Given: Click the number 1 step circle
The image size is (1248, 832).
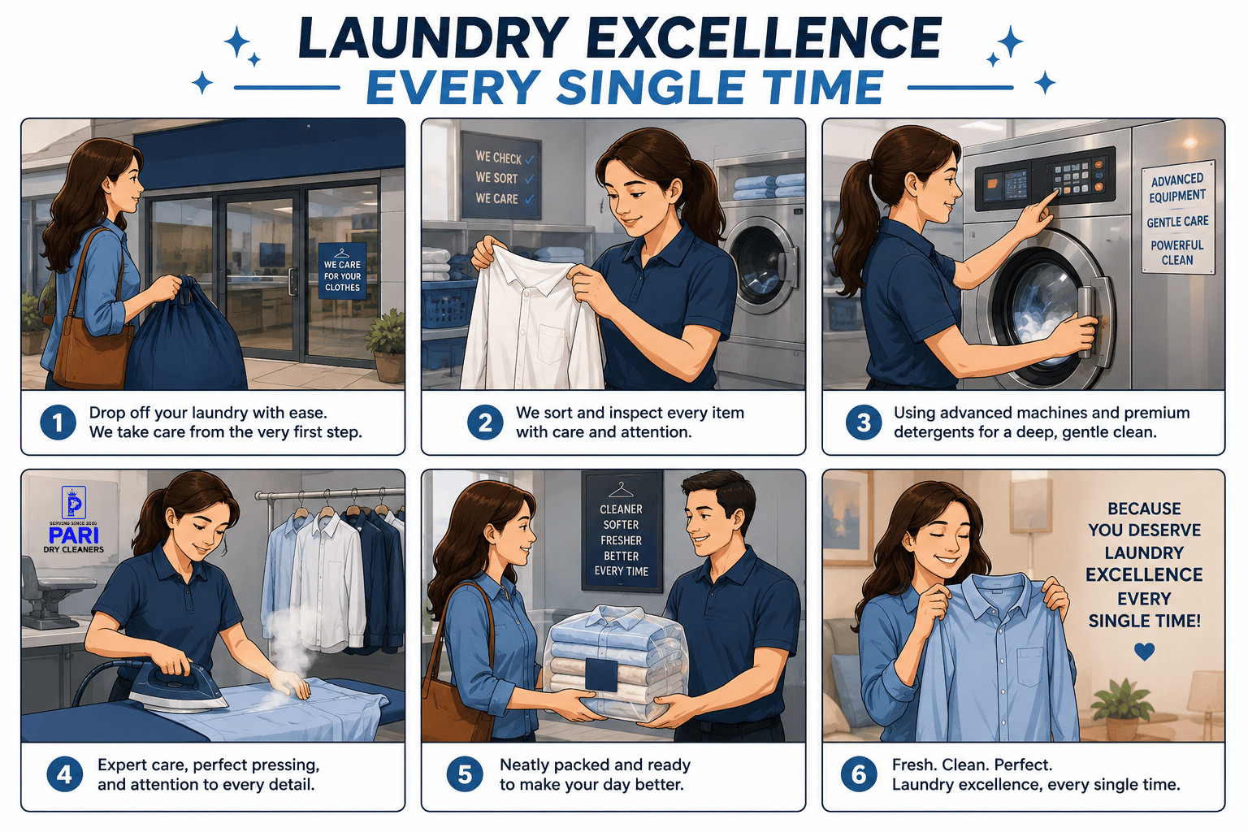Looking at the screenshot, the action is (58, 422).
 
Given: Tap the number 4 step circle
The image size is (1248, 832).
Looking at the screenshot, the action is (65, 774).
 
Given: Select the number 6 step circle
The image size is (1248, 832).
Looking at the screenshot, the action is (859, 774).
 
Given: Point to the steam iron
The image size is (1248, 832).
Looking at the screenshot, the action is (177, 687).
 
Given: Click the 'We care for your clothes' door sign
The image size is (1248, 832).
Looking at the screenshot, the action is (342, 271).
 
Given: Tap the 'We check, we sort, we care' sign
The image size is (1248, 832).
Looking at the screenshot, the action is (500, 175).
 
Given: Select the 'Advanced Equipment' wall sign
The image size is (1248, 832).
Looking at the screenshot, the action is (1178, 218).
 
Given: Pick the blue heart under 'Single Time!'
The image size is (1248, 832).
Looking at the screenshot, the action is (1144, 652).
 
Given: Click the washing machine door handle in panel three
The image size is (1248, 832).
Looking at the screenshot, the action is (1085, 323).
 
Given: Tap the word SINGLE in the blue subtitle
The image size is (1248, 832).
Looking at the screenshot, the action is (651, 88).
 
